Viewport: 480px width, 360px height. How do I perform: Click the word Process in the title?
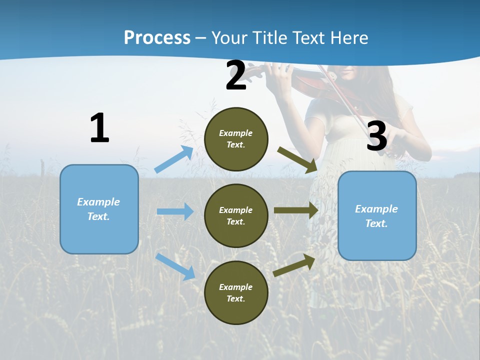[157, 37]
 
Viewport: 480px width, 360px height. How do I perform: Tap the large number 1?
[99, 128]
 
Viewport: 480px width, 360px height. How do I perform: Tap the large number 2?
[236, 75]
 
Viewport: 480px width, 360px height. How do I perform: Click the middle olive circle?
[236, 215]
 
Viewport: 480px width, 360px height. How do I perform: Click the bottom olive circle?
[236, 292]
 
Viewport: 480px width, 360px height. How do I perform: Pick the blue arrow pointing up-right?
[174, 159]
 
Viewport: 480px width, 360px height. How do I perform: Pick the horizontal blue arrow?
[175, 211]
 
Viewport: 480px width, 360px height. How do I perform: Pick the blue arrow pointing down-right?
[175, 266]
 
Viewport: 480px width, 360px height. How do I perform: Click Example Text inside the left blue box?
[98, 209]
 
